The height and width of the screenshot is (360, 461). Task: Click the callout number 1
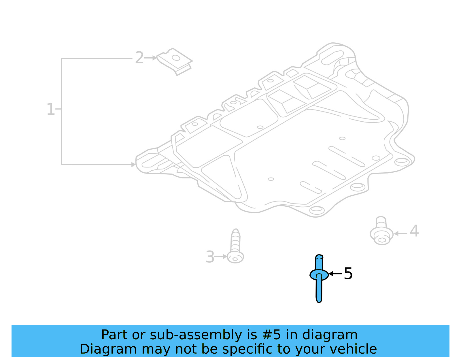point(50,110)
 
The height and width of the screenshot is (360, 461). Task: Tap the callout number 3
point(210,257)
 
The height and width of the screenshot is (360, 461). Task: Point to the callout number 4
point(414,231)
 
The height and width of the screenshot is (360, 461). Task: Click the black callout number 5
point(348,273)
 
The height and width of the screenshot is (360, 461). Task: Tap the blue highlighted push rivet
point(319,278)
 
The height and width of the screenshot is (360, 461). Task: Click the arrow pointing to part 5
point(335,274)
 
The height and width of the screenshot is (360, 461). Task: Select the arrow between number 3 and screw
point(221,256)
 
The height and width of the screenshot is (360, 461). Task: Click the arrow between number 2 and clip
point(150,58)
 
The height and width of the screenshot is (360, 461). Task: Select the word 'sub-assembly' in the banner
point(196,335)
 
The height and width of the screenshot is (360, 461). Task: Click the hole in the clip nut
point(176,58)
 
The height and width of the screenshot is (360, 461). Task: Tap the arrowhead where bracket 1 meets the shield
point(133,165)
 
